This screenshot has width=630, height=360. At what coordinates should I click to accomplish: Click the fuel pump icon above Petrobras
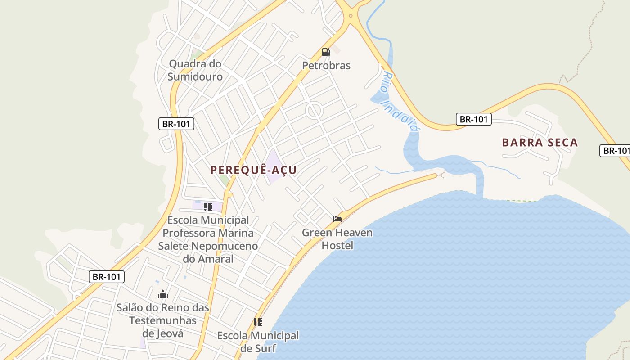(326, 52)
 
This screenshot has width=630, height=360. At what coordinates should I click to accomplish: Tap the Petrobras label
(326, 66)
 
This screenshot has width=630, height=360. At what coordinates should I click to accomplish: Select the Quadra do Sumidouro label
(195, 70)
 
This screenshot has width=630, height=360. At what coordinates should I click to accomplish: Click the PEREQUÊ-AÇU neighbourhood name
(254, 170)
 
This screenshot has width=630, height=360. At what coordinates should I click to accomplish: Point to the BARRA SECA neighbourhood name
(540, 143)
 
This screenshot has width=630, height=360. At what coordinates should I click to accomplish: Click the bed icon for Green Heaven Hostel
(337, 219)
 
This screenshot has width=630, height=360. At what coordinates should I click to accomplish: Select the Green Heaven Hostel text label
(337, 239)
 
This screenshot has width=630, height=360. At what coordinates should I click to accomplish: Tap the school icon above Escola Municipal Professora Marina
(207, 207)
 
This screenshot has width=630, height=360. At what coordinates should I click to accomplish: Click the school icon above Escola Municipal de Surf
(258, 322)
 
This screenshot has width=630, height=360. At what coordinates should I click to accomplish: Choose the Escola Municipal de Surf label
(258, 342)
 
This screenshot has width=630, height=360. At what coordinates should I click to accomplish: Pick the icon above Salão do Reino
(163, 295)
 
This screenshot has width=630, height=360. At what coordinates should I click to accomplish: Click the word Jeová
(163, 333)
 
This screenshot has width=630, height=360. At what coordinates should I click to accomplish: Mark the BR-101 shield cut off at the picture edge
(616, 151)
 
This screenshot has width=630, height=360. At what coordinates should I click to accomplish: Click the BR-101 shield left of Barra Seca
(473, 119)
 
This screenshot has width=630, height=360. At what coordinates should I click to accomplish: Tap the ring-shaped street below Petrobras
(314, 110)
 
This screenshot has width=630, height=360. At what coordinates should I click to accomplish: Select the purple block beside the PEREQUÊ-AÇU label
(274, 166)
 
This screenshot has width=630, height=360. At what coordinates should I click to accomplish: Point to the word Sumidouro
(195, 76)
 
